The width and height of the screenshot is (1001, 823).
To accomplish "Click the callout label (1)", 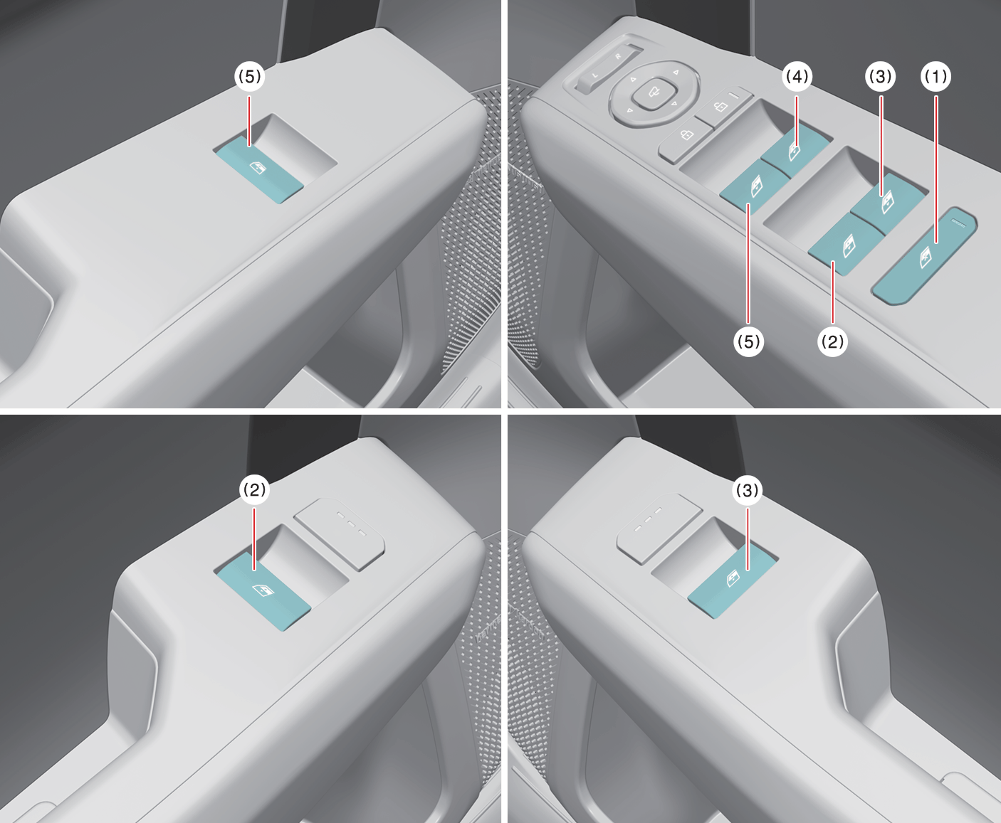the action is [936, 76].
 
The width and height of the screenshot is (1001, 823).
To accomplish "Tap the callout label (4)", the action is [797, 76].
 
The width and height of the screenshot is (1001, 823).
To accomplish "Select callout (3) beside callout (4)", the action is [881, 76].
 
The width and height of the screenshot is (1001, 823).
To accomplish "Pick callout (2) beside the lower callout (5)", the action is [832, 341].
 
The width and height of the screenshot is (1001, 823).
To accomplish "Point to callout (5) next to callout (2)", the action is [749, 341].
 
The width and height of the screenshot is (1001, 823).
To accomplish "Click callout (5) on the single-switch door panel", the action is [250, 76].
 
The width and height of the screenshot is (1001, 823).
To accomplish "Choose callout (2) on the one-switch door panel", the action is [254, 489].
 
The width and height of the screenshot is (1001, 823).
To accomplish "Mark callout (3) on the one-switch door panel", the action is [748, 489].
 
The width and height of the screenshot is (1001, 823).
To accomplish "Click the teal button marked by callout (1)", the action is [924, 256].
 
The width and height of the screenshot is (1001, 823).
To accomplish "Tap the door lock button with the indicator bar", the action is [724, 106].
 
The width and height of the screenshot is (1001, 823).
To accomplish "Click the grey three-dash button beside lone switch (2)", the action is [340, 533].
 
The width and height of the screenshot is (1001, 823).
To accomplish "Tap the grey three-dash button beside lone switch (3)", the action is [659, 529].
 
